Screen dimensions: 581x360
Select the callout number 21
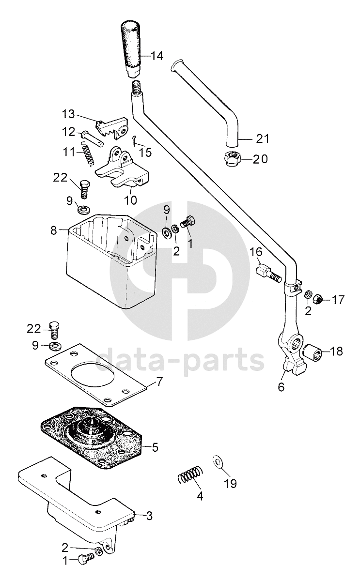(x=262, y=139)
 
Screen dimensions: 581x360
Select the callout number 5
(x=155, y=447)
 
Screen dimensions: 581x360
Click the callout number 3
(x=149, y=517)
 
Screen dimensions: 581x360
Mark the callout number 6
(x=281, y=387)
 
